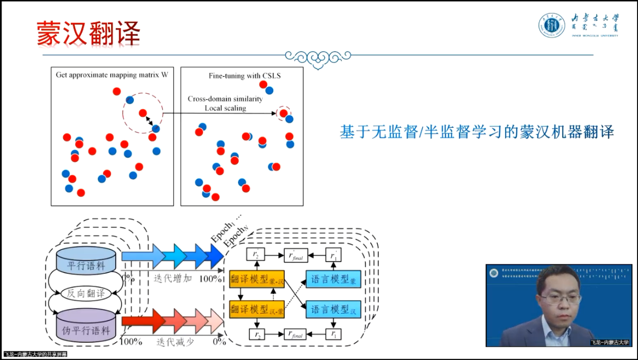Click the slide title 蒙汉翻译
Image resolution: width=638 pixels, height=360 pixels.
[x=88, y=34]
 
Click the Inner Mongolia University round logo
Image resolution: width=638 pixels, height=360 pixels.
[x=552, y=25]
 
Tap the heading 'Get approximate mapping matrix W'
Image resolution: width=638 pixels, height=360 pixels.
[x=112, y=75]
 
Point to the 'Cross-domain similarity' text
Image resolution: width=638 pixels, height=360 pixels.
[x=225, y=99]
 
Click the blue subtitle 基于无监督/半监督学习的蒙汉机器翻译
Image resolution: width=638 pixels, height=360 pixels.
[x=476, y=132]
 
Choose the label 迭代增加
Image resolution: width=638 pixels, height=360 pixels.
[x=174, y=277]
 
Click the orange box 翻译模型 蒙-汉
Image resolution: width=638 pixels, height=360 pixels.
[x=257, y=279]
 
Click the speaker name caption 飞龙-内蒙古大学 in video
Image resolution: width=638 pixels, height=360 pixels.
[x=610, y=342]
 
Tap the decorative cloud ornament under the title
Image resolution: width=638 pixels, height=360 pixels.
[x=318, y=57]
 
